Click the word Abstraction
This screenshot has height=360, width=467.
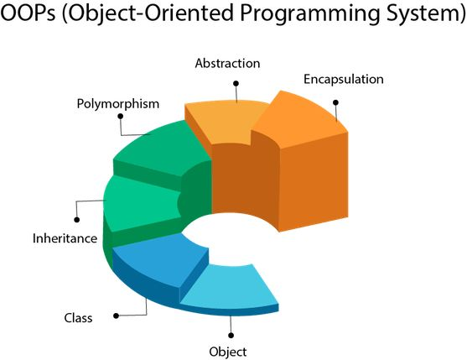pyautogui.click(x=227, y=64)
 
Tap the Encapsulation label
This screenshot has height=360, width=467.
pyautogui.click(x=344, y=79)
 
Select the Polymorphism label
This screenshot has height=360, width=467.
pyautogui.click(x=118, y=104)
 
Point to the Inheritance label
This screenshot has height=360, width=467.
pyautogui.click(x=65, y=238)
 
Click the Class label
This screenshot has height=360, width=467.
pyautogui.click(x=78, y=318)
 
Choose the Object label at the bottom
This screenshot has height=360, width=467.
pyautogui.click(x=228, y=352)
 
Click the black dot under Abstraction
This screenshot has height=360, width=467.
pyautogui.click(x=236, y=83)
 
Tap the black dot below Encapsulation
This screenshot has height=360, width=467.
pyautogui.click(x=335, y=102)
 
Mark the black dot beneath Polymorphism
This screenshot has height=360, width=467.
pyautogui.click(x=121, y=117)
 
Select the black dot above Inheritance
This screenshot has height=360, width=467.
pyautogui.click(x=77, y=220)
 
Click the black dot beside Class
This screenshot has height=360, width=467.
pyautogui.click(x=117, y=316)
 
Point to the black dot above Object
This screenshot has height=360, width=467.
pyautogui.click(x=231, y=336)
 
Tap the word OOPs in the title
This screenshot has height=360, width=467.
pyautogui.click(x=29, y=13)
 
